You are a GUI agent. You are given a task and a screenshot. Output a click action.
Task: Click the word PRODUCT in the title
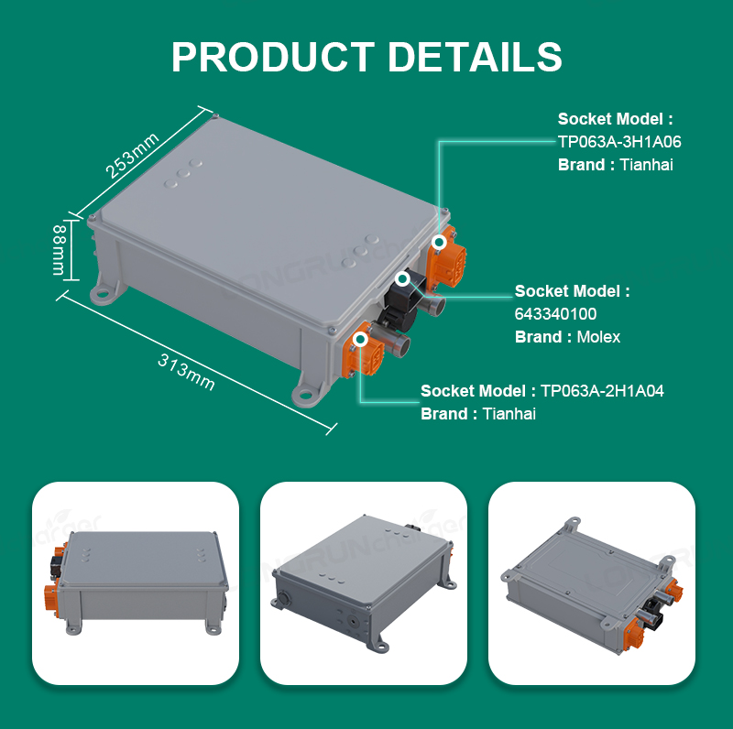click(273, 57)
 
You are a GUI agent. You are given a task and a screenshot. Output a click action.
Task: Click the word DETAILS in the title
click(475, 57)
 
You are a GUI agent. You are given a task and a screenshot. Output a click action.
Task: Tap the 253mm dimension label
click(132, 156)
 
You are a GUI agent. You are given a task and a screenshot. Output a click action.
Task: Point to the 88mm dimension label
click(59, 250)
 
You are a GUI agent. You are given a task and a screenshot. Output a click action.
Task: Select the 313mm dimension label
click(186, 372)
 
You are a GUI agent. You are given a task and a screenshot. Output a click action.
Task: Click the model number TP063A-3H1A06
click(619, 142)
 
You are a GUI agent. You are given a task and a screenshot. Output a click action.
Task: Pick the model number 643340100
click(555, 314)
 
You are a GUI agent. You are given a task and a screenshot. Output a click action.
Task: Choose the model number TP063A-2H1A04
click(602, 391)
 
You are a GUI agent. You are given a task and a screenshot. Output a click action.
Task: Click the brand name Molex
click(598, 337)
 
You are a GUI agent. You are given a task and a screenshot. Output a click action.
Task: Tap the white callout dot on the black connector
click(402, 279)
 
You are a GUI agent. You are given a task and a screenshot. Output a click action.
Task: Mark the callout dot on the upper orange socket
click(439, 242)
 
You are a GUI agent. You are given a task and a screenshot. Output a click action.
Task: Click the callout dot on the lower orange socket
click(360, 339)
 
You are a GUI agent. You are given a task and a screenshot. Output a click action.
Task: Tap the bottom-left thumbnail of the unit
click(136, 583)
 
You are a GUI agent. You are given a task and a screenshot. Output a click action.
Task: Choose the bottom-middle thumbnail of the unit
click(363, 583)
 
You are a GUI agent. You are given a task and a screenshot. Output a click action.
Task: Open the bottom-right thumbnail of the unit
click(591, 583)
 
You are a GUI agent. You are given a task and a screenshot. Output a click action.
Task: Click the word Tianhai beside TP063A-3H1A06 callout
click(647, 165)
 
